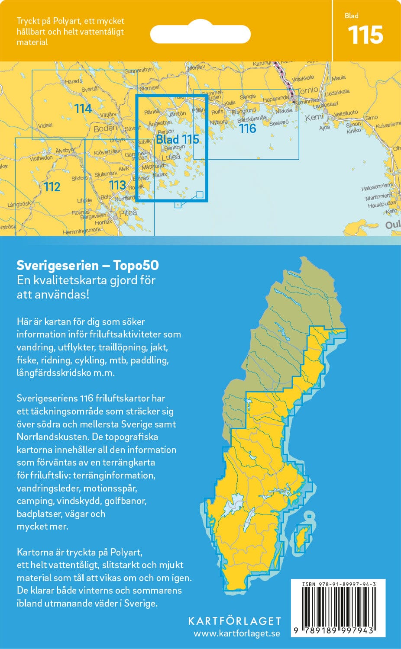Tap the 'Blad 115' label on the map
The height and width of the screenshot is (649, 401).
tap(178, 139)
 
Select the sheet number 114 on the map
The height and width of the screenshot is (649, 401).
tap(83, 109)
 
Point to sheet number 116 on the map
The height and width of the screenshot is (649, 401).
tap(247, 129)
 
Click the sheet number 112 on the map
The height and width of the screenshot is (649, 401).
tap(52, 187)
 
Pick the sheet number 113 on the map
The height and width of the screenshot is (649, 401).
tap(117, 185)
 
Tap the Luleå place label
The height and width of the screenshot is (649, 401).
tap(171, 157)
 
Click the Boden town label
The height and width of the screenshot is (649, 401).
tap(105, 128)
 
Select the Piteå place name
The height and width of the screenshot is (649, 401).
tap(128, 213)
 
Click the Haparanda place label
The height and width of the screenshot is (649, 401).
tap(275, 99)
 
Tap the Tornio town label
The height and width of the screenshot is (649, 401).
tap(308, 90)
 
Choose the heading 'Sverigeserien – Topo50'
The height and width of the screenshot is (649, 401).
tap(87, 265)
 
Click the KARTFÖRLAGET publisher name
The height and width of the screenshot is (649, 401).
tap(234, 621)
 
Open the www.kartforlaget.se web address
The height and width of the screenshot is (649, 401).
tap(236, 633)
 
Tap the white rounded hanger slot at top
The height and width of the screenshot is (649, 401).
tap(200, 34)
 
